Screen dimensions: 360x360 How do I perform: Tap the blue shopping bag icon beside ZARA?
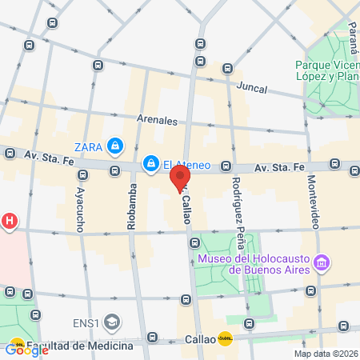116,146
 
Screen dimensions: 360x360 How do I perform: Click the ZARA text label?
89,146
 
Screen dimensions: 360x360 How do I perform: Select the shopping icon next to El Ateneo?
150,164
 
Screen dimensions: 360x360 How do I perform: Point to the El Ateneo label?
186,165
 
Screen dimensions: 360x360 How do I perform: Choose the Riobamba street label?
133,209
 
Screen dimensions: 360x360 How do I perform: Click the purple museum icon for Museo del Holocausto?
322,262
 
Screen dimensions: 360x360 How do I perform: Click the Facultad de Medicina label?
79,346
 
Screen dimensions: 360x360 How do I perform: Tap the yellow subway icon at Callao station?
226,338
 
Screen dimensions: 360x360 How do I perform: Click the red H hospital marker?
9,221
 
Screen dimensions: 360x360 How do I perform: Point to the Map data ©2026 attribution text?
324,354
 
